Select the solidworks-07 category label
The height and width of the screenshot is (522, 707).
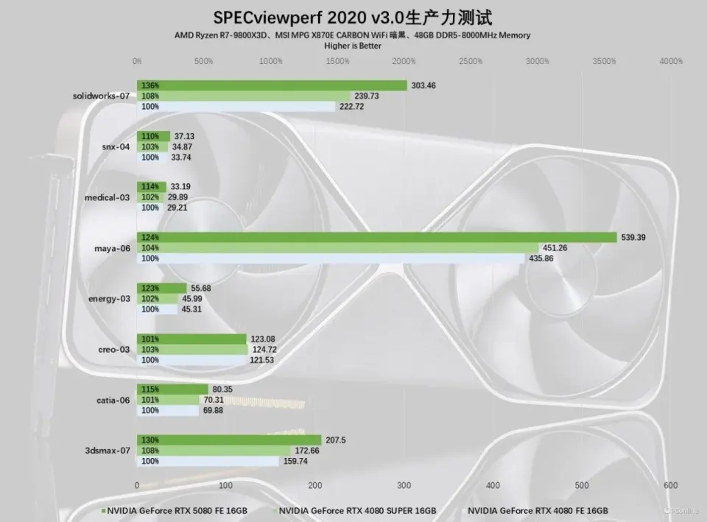pos(102,96)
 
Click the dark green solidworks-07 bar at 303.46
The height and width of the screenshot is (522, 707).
pos(272,85)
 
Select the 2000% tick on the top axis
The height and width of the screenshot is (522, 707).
pos(404,62)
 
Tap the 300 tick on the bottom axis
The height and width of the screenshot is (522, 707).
pos(404,485)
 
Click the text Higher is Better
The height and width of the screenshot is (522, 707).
pos(353,46)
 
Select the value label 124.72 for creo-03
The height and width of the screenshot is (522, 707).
pos(267,349)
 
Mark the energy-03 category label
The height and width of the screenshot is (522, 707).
pos(109,298)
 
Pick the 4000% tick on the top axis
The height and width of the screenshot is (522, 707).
pos(671,62)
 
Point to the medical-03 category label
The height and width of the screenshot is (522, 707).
pos(107,197)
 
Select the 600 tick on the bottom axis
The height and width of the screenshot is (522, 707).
pos(670,485)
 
